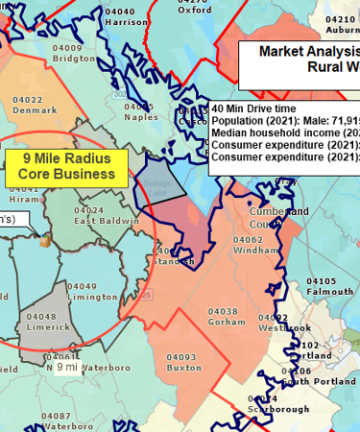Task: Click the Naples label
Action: point(141,116)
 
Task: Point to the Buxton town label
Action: point(182,367)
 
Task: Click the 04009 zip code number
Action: point(67,46)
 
